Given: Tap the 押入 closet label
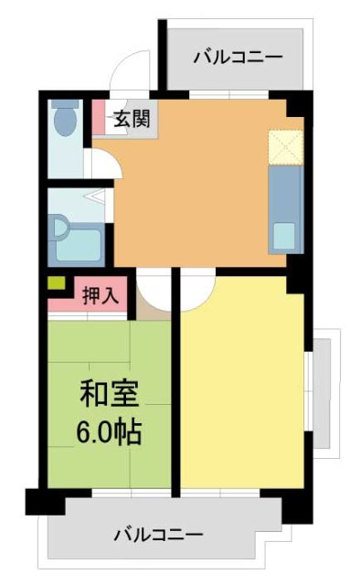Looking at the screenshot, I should pos(99,295).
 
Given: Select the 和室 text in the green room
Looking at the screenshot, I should pos(109,395).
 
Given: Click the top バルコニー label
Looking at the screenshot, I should pos(238,58).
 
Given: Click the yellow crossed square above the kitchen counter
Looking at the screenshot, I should pos(283,146).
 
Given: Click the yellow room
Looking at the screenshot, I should pos(242,393).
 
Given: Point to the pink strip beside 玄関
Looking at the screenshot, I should pos(99,118).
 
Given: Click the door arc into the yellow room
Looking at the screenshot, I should pos(195,293).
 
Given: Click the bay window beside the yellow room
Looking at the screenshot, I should pos(323,392).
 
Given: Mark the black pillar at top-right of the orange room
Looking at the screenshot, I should pos(299,102).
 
